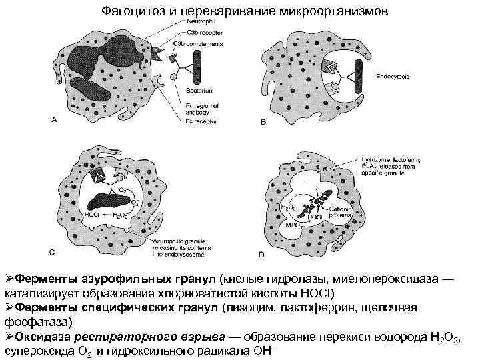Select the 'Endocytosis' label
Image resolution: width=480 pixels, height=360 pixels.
(393, 76)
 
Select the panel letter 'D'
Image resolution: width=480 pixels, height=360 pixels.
(261, 254)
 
